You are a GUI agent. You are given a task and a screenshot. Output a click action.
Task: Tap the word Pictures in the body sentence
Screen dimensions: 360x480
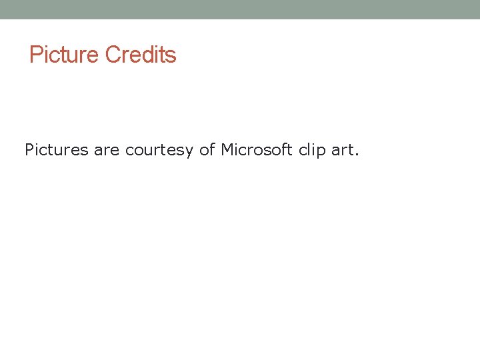(x=57, y=150)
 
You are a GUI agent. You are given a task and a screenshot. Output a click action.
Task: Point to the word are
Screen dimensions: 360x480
(x=107, y=150)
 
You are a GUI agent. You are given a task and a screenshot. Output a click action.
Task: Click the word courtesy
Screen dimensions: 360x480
(x=160, y=151)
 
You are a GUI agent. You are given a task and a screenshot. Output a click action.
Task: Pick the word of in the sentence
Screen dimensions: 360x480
(x=207, y=150)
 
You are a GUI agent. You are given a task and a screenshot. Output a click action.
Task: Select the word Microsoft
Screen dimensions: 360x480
(x=257, y=150)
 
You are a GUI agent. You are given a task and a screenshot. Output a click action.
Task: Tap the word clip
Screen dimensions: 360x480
(x=312, y=151)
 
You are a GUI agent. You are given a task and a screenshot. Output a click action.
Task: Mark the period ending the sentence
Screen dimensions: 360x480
(x=357, y=155)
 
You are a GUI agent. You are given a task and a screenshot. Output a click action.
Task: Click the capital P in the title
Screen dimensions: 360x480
(x=35, y=55)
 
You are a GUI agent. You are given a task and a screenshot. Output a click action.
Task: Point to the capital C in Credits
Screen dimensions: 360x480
(x=112, y=55)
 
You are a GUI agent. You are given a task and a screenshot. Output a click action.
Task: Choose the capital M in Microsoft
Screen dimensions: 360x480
(x=227, y=150)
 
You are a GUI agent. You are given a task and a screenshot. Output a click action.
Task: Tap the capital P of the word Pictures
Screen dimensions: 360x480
(x=29, y=150)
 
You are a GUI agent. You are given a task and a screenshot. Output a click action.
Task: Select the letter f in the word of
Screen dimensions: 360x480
(x=213, y=149)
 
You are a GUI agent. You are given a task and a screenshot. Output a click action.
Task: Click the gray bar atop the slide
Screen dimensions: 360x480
(x=240, y=9)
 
